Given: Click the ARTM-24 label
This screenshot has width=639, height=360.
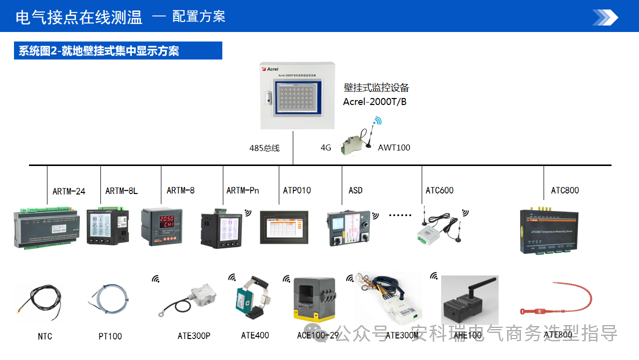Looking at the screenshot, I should [68, 190].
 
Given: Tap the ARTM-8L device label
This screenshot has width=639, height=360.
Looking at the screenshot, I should [121, 190].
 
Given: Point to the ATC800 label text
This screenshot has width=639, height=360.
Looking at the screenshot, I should [564, 189].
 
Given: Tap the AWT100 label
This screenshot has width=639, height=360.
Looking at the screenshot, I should [393, 147].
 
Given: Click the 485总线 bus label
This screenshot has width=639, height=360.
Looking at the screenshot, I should [264, 148].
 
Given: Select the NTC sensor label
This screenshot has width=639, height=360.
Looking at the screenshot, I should [45, 335].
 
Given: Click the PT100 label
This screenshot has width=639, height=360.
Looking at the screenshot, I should [109, 335].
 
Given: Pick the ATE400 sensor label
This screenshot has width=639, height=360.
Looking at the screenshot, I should [254, 335].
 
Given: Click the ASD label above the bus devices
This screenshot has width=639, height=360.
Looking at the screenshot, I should [356, 190].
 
